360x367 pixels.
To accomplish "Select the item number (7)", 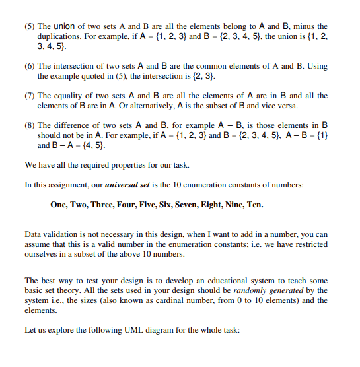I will (30, 96).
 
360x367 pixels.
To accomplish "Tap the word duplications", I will (62, 37).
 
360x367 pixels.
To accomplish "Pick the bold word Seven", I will (181, 205).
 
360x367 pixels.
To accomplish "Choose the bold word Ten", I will (255, 205).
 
